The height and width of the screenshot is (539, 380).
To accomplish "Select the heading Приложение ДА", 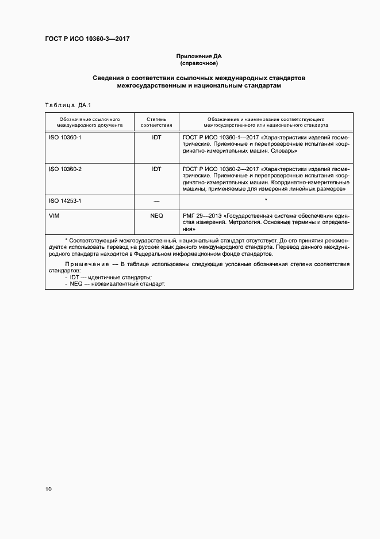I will click(198, 56).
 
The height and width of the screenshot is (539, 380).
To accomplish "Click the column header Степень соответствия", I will click(156, 120).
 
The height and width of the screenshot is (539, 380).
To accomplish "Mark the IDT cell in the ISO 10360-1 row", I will click(156, 139).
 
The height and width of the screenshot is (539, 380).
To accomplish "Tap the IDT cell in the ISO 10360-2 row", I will click(156, 169).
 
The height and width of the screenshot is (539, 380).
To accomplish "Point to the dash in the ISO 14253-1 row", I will click(156, 200).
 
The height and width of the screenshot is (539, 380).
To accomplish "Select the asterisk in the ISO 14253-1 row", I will click(266, 199).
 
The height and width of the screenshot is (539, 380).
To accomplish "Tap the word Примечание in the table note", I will click(85, 264).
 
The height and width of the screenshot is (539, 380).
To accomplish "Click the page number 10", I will click(48, 489).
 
